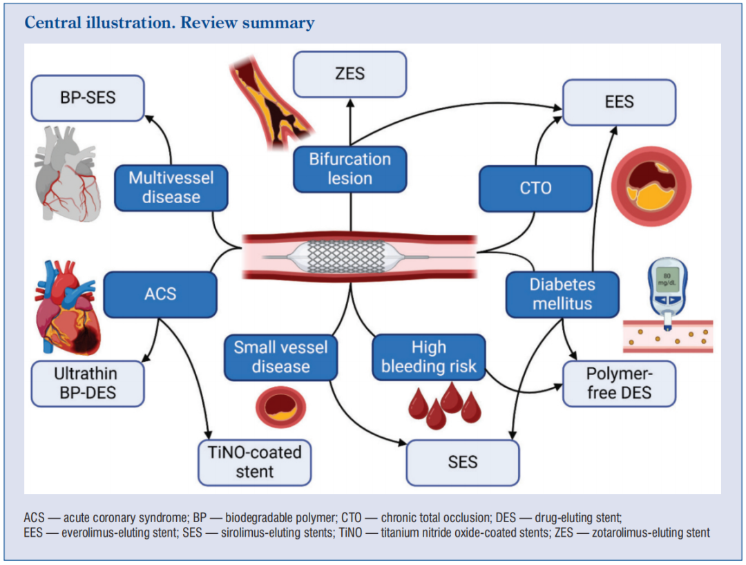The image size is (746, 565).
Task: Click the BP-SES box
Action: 87,98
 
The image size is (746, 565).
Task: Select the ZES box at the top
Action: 350,73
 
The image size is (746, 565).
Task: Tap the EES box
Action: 619,102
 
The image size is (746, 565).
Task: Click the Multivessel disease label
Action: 171,187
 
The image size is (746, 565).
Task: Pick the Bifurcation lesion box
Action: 350,169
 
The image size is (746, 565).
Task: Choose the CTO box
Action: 536,187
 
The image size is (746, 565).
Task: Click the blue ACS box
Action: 160,294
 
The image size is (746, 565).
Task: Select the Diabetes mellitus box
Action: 562,294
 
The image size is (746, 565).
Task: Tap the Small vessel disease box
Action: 280,356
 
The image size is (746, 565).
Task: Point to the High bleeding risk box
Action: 429,356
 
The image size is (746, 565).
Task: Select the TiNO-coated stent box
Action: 255,462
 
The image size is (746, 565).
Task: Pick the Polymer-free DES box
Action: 619,383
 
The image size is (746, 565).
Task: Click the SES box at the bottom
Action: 462,461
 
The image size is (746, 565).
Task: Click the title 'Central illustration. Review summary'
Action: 169,23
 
